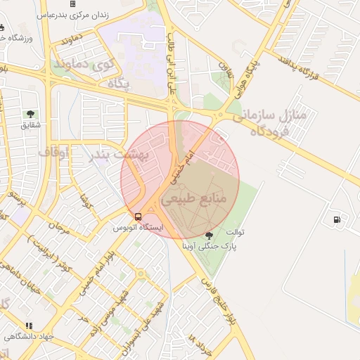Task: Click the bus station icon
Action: point(138,217)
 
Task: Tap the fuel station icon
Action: point(339,219)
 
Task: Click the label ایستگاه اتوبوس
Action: point(139,228)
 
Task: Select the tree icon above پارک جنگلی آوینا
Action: point(209,236)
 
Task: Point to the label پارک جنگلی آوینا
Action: point(210,247)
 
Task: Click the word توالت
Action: point(234,231)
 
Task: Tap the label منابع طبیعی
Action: point(195,200)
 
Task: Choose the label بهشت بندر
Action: point(116,155)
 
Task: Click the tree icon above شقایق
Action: point(30,113)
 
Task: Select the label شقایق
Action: point(30,125)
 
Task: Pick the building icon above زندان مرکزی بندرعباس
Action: point(72,4)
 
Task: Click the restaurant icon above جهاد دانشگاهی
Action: point(29,326)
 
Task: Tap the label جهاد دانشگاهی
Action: point(28,337)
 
